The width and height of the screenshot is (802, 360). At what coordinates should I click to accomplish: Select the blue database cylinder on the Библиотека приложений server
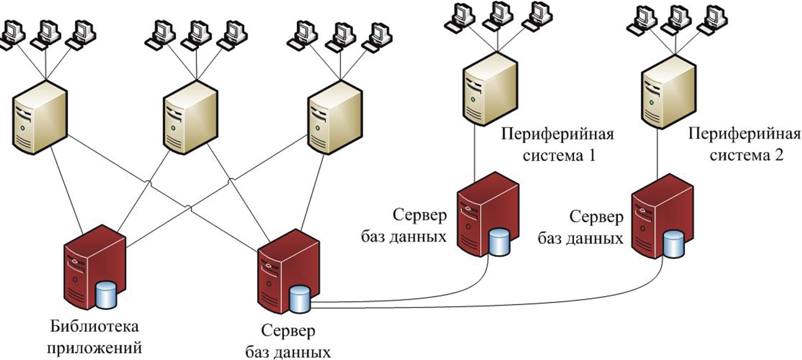[106, 295]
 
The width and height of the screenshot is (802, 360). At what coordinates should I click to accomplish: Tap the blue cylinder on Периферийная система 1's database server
[499, 242]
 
